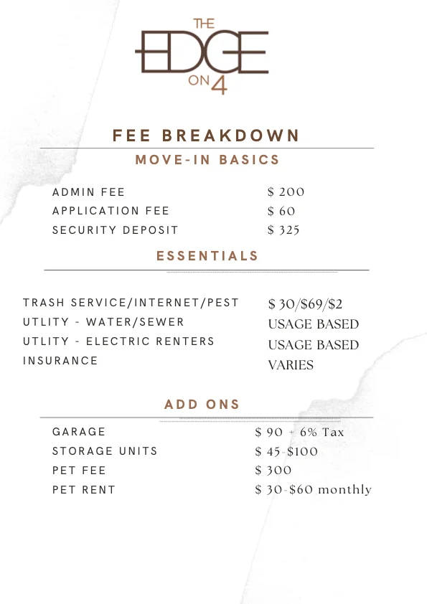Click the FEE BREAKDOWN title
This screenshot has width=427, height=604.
coord(206,136)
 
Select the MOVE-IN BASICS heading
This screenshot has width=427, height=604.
coord(207,159)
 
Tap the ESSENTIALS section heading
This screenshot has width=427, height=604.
coord(207,255)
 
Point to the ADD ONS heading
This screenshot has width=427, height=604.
coord(202,405)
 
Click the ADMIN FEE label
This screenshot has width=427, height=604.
coord(88,192)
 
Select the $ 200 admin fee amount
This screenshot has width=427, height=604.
coord(286,192)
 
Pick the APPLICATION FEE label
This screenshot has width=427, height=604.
coord(111,211)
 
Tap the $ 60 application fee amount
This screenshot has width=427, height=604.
coord(281,211)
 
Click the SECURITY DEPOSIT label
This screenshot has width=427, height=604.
coord(115,230)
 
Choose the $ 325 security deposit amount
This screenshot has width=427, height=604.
coord(283,230)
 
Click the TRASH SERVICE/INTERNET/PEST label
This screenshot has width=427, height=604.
coord(131,303)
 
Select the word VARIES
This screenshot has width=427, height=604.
coord(291,365)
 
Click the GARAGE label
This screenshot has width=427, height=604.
coord(79,432)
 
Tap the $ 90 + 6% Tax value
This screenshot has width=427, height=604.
coord(299,432)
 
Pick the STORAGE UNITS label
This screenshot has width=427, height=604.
coord(105,451)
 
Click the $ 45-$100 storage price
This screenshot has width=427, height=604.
coord(286,451)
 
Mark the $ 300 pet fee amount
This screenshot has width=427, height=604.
coord(273,471)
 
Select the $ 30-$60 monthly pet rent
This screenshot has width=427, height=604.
coord(313,489)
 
